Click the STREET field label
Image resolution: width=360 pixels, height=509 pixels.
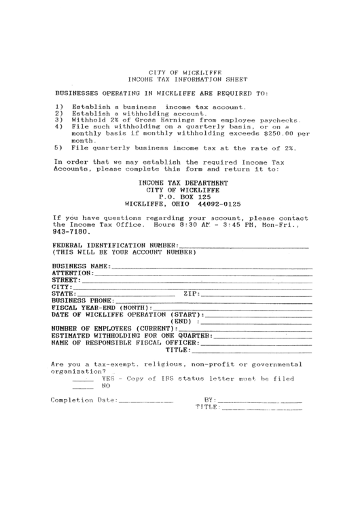pos(65,280)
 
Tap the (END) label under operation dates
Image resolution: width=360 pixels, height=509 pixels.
pos(183,321)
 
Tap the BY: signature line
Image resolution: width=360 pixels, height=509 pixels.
pos(261,400)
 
